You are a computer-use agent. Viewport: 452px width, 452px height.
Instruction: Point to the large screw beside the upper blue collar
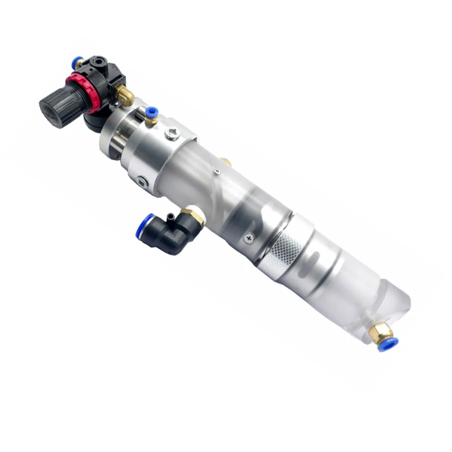(x=172, y=134)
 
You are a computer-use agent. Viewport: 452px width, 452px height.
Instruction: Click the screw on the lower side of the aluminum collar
(x=142, y=182)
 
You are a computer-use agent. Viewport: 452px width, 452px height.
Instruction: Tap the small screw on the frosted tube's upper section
(x=217, y=172)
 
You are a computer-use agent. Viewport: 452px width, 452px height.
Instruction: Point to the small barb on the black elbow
(x=170, y=215)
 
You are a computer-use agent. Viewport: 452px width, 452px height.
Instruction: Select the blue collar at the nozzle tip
(x=388, y=343)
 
